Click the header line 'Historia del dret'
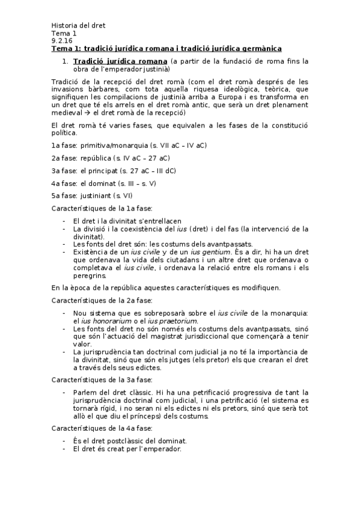[x=79, y=25]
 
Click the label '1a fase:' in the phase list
[x=64, y=146]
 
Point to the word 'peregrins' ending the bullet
[x=92, y=275]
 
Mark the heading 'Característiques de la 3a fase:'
[x=102, y=379]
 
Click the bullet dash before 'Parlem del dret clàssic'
[x=64, y=392]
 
